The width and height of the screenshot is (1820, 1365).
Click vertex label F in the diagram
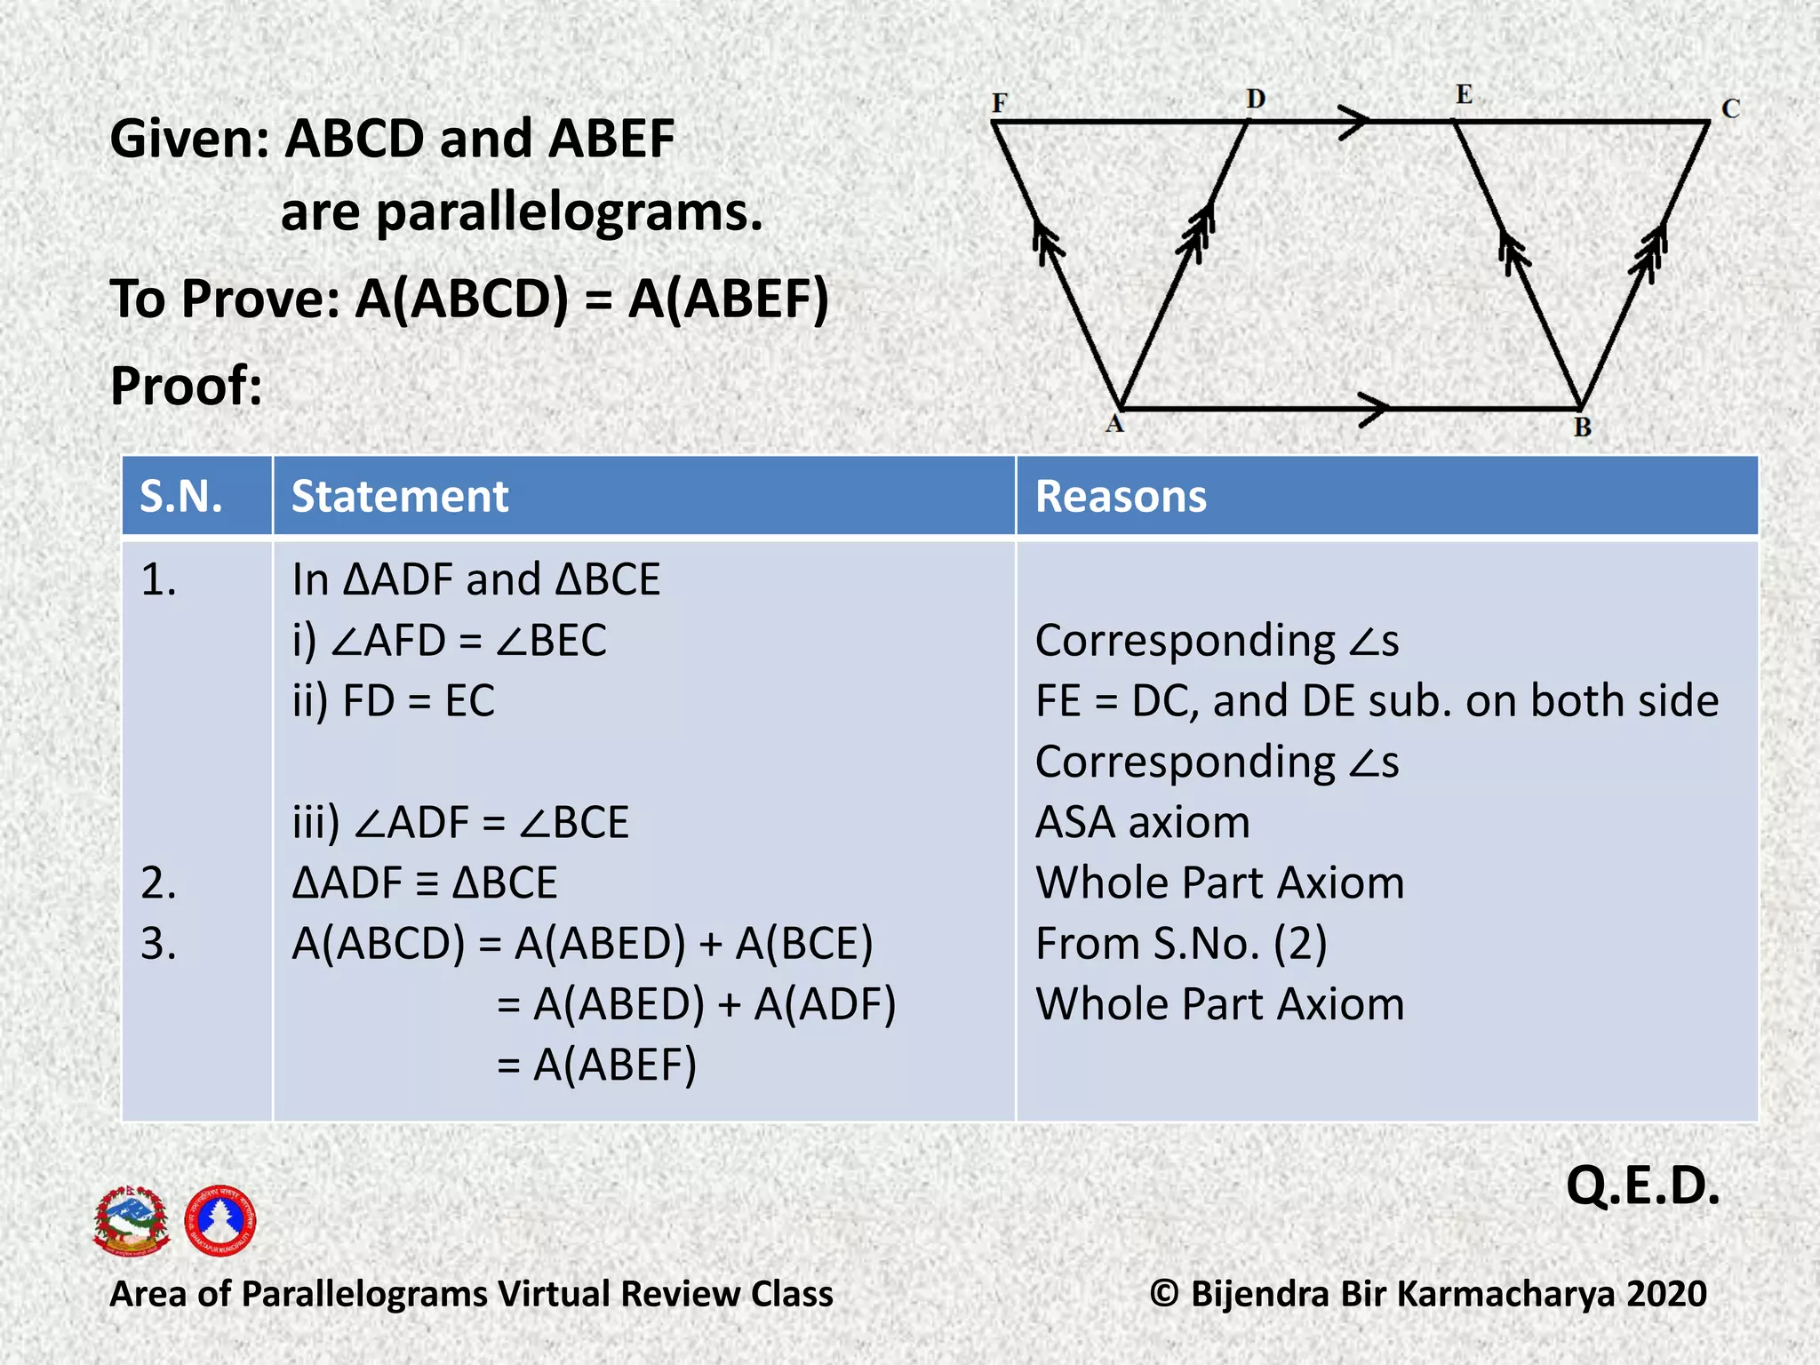coord(1000,103)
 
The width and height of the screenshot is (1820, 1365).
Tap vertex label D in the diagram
coord(1255,99)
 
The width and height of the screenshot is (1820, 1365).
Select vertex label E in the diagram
coord(1464,94)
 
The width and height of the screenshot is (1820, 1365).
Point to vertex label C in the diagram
coord(1730,108)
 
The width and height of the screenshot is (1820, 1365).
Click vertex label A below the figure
coord(1114,424)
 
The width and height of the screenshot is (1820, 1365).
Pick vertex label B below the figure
coord(1583,427)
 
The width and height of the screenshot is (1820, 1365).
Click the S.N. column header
coord(181,496)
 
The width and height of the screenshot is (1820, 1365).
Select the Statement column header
coord(400,496)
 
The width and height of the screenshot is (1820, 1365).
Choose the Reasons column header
coord(1121,496)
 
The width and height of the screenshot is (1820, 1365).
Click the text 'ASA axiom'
coord(1143,822)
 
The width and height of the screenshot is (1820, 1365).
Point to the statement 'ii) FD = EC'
coord(394,701)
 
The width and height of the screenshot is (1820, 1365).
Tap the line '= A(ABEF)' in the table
coord(597,1065)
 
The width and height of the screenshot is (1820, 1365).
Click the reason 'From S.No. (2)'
coord(1181,944)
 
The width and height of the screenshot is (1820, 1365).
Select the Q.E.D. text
coord(1642,1186)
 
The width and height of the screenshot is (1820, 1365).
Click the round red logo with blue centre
coord(220,1220)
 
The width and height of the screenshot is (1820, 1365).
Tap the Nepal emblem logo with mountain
coord(132,1220)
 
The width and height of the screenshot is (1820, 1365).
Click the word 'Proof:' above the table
coord(187,387)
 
